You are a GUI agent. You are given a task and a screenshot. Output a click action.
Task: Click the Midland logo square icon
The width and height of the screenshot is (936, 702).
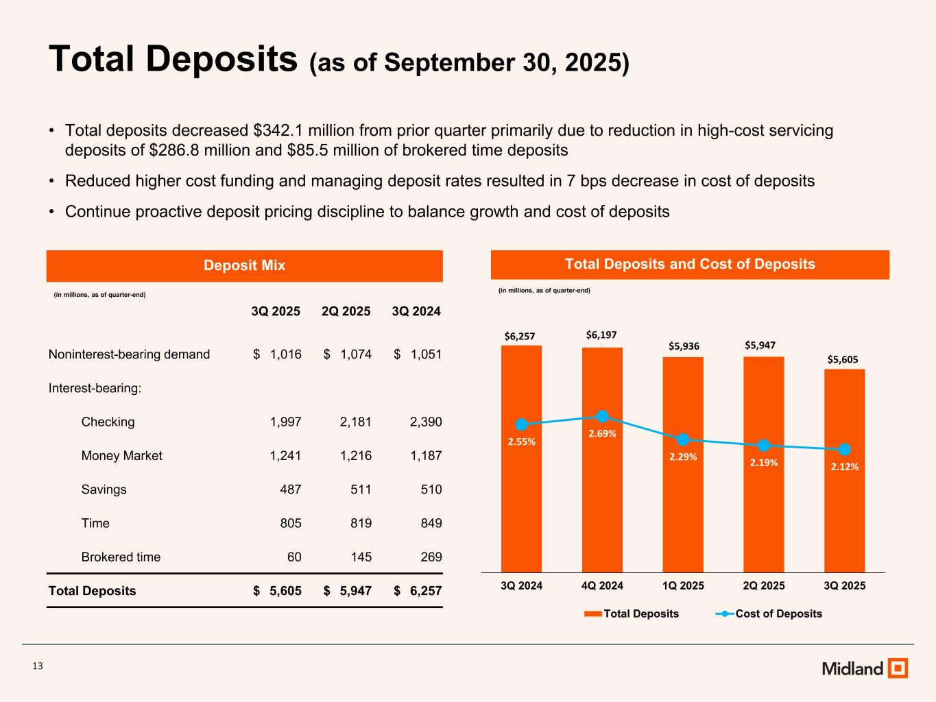click(x=898, y=668)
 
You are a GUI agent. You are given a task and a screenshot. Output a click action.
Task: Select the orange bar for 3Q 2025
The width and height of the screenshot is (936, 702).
click(x=844, y=514)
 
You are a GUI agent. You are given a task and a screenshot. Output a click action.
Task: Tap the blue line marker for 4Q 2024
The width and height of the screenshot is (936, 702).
click(x=602, y=416)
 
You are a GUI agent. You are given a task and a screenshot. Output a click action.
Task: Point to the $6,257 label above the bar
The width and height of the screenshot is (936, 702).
click(x=520, y=336)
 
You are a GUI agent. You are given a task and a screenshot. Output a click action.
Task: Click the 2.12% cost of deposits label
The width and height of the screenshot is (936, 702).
click(x=845, y=466)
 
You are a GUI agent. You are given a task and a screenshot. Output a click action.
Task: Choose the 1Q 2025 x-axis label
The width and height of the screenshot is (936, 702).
click(x=683, y=585)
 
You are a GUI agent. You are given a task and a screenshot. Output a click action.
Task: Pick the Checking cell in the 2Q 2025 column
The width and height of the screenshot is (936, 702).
click(x=355, y=422)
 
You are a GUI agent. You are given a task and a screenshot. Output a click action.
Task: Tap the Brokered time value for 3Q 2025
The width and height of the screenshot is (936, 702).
click(x=294, y=557)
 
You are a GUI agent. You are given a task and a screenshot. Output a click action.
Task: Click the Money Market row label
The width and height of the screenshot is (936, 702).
click(x=121, y=455)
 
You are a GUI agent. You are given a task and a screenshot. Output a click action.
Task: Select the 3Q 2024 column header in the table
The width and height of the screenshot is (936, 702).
click(x=416, y=311)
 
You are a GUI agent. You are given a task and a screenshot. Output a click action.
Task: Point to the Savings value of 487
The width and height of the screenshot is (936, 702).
click(x=289, y=489)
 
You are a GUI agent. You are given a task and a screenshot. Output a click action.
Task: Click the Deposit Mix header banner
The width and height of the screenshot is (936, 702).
click(x=244, y=265)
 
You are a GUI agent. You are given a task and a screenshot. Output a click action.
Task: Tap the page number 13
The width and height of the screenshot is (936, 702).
click(x=38, y=666)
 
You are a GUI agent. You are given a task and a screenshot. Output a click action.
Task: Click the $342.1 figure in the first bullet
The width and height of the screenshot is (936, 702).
click(x=280, y=130)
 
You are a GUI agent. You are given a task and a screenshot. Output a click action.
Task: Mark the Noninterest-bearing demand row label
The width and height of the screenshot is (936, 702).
click(x=129, y=354)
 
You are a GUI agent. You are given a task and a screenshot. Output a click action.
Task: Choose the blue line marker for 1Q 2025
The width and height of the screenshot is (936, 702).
click(x=683, y=439)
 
